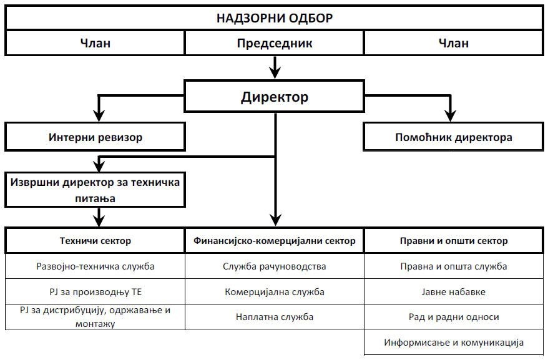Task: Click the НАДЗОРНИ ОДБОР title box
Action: tap(274, 17)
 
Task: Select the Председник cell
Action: tap(274, 43)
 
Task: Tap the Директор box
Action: tap(274, 97)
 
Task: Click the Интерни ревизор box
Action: tap(95, 137)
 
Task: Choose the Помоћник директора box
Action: tap(453, 137)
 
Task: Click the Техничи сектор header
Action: tap(95, 240)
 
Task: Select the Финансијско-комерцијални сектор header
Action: tap(274, 240)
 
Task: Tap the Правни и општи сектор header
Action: tap(453, 240)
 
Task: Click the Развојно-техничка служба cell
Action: tap(95, 266)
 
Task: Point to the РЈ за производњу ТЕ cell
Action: tap(95, 291)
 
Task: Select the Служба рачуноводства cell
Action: tap(274, 266)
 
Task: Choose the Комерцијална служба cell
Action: tap(274, 291)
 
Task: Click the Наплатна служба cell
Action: tap(274, 317)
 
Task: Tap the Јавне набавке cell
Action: tap(453, 291)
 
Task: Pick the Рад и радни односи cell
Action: tap(453, 317)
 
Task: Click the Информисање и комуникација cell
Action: tap(453, 343)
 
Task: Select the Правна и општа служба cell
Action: tap(453, 266)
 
